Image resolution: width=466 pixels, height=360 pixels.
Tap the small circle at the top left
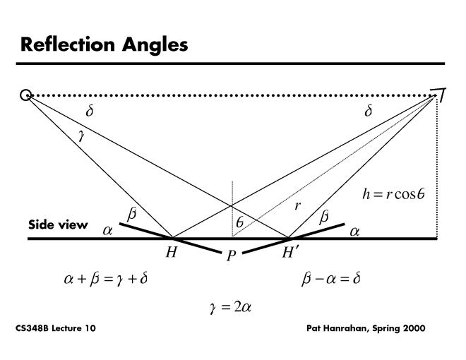pos(26,95)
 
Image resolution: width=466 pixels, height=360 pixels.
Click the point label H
pos(171,252)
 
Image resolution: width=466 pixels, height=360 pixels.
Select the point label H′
pos(291,252)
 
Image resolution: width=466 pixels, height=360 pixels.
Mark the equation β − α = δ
pos(331,279)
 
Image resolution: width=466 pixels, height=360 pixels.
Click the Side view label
pos(58,225)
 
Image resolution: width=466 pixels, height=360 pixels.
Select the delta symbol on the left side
pos(89,111)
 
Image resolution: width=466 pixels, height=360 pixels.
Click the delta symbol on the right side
pos(368,111)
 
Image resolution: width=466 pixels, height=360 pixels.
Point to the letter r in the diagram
pos(299,207)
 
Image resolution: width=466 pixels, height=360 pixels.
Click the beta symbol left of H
pos(132,213)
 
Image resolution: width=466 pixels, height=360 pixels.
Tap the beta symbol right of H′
pos(323,217)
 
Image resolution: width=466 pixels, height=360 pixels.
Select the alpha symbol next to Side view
pos(108,229)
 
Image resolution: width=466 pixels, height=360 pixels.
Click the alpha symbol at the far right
pos(354,229)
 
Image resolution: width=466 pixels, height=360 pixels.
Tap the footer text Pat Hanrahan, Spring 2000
pos(366,329)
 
